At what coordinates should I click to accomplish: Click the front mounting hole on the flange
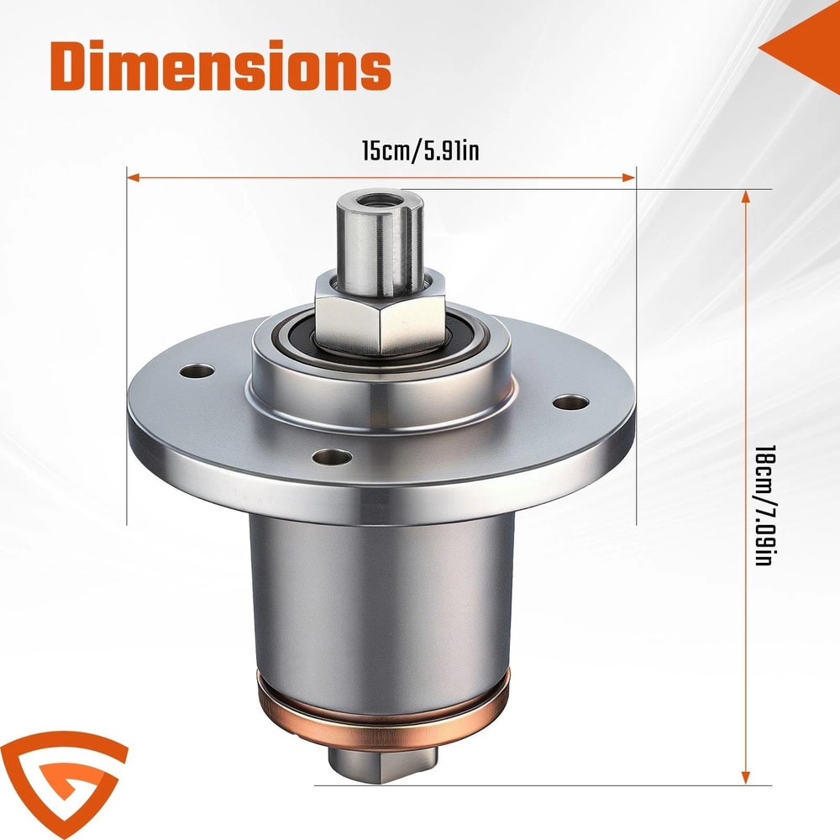coord(331,457)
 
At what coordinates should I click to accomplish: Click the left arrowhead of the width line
coord(133,177)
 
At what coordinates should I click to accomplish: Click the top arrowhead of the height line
coord(745,196)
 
